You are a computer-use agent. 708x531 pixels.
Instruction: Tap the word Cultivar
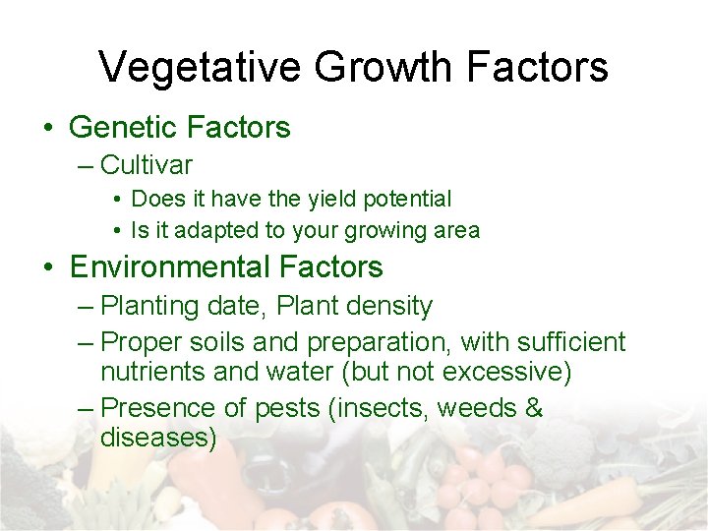pos(147,164)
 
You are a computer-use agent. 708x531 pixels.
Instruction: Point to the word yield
pos(332,199)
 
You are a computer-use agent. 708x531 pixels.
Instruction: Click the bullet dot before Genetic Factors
pos(47,128)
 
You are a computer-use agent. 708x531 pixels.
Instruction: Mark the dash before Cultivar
pos(86,165)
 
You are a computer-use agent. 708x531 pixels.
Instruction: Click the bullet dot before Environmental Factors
pos(47,267)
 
